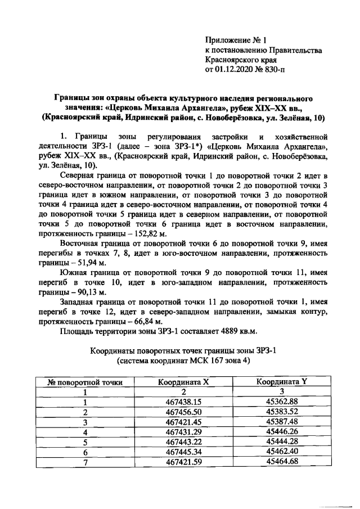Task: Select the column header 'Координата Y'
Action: click(281, 382)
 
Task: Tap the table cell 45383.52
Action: click(281, 412)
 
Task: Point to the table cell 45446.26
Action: click(281, 433)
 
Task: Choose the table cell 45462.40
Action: click(281, 453)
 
